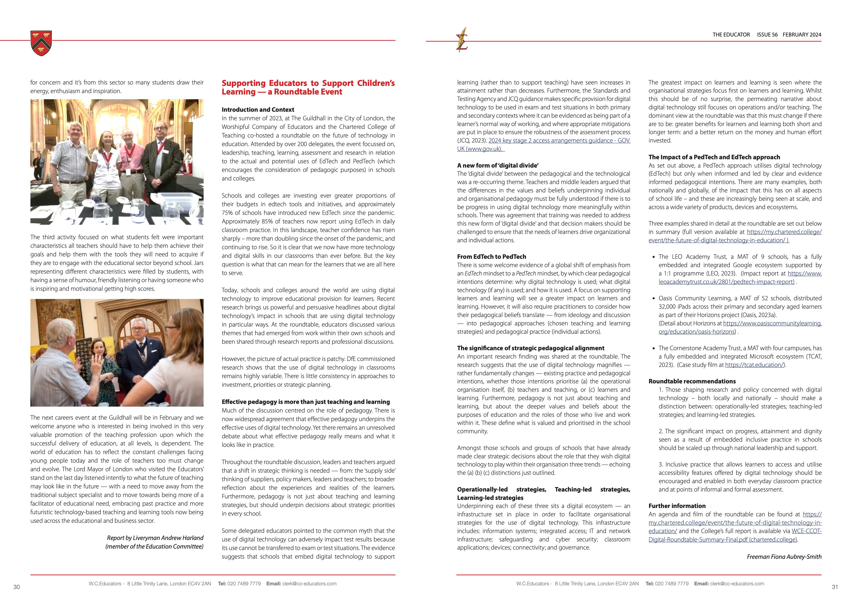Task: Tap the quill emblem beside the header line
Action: click(x=462, y=40)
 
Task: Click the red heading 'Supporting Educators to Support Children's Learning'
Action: click(x=308, y=87)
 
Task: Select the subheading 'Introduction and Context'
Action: click(x=258, y=110)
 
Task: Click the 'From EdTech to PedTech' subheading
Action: click(x=491, y=257)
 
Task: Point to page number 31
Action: click(x=835, y=587)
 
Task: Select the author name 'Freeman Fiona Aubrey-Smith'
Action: click(x=784, y=557)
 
